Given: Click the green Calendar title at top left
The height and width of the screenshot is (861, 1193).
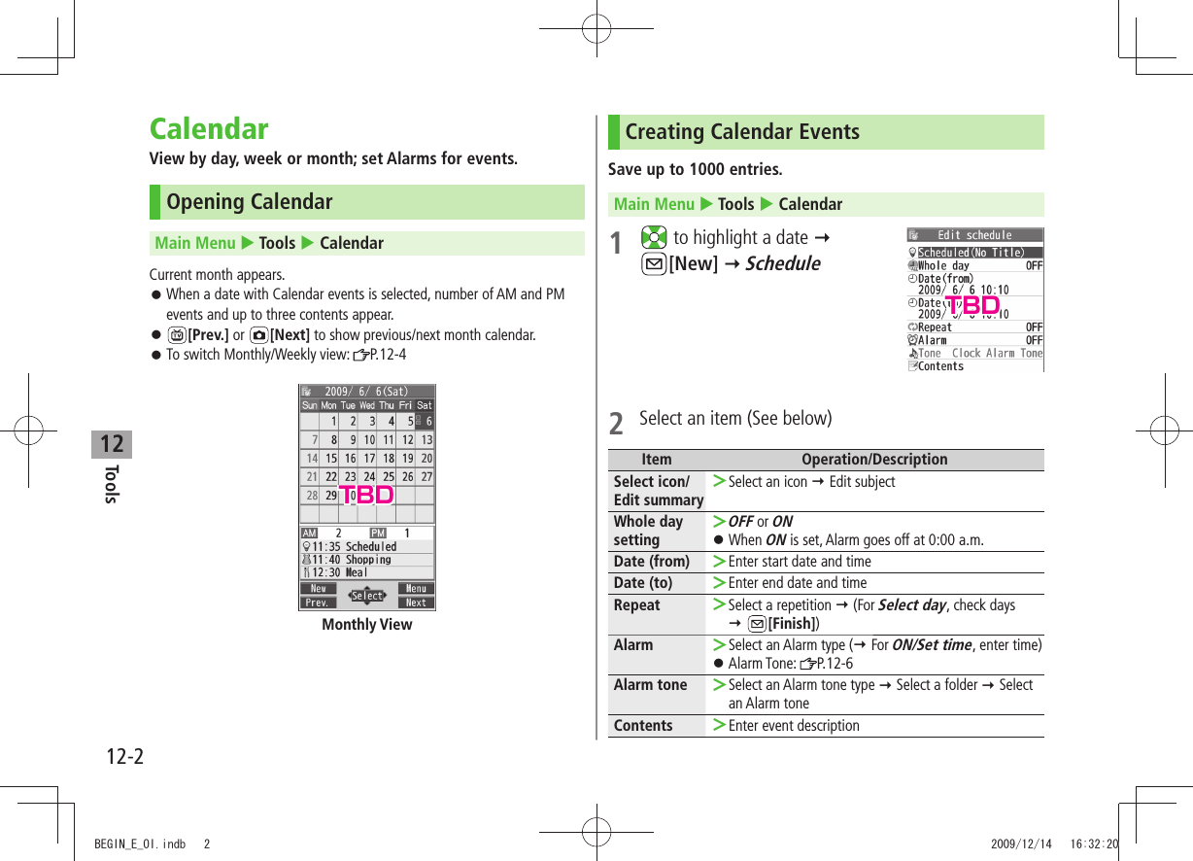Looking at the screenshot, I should (209, 129).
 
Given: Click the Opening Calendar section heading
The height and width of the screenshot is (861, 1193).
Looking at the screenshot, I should (249, 202).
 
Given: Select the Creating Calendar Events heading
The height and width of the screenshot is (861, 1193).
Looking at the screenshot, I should (741, 132).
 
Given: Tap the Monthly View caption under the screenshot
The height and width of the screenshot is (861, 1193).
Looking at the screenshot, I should (367, 625).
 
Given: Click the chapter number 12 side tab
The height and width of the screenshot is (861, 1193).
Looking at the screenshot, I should (112, 444).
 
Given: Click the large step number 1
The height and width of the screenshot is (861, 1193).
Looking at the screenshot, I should (616, 244).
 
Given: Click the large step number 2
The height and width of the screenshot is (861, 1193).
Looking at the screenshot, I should (616, 424).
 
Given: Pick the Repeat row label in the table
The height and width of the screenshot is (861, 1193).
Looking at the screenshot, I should (636, 604).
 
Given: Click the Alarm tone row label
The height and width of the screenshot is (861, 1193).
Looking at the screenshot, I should (650, 684).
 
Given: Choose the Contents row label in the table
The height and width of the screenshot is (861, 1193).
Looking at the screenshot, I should (643, 725).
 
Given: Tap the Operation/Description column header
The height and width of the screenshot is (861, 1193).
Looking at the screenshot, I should (873, 460).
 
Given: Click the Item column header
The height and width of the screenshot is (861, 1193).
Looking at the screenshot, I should (657, 460).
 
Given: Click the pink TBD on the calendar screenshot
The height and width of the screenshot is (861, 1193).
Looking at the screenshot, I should (366, 495).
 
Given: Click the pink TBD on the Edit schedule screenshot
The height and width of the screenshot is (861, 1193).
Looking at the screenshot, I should (971, 307).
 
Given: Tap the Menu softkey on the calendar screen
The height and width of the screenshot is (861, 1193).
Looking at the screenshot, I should (416, 588).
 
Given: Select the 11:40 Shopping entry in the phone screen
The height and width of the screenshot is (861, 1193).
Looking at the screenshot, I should (352, 560).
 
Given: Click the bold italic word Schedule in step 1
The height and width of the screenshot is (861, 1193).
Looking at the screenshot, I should (782, 263).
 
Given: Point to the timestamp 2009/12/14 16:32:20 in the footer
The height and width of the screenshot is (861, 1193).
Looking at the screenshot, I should (1054, 844).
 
